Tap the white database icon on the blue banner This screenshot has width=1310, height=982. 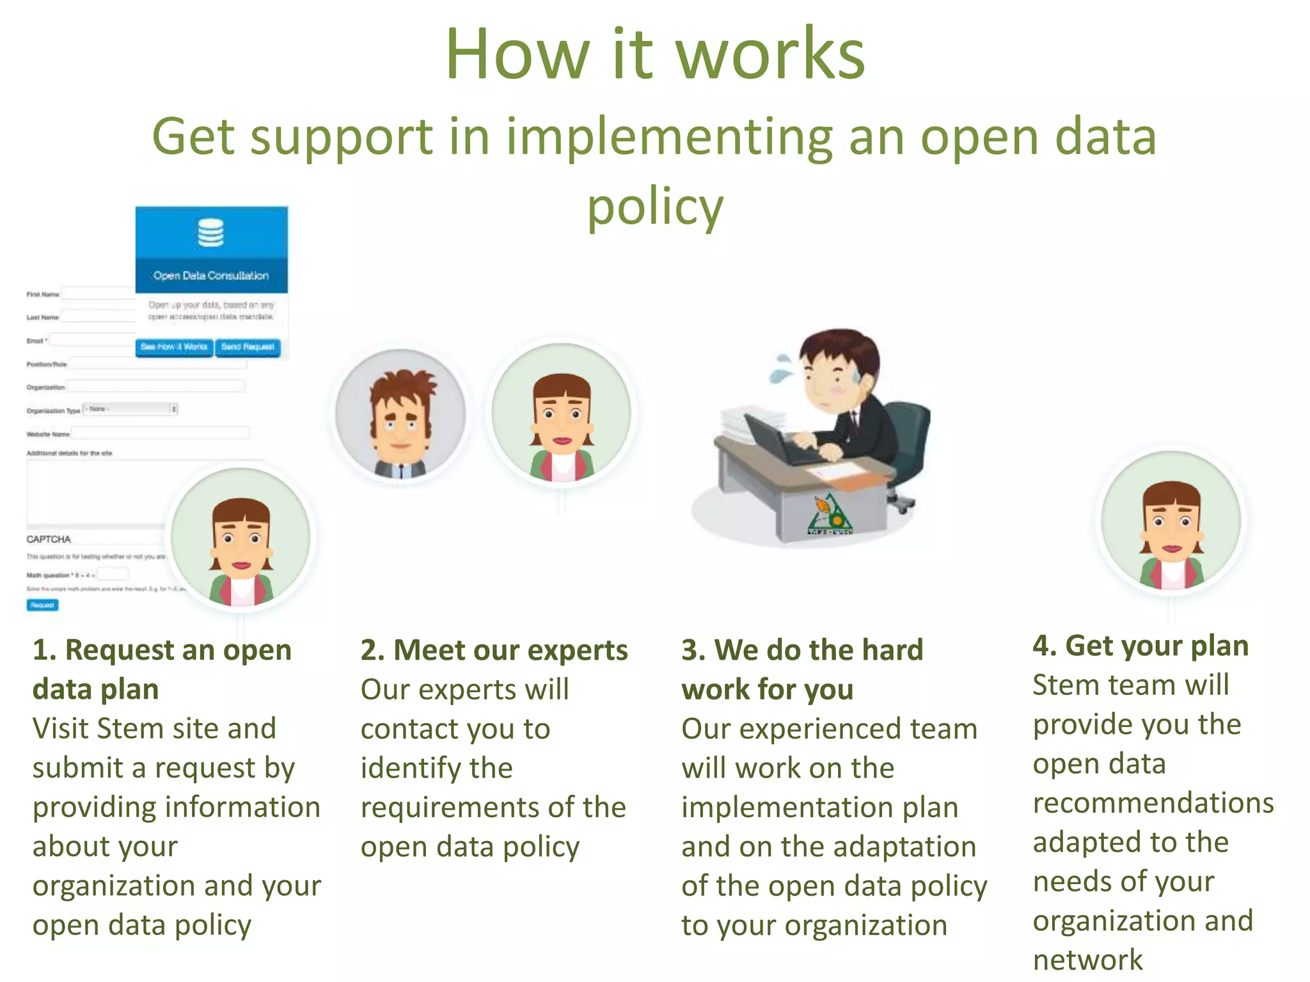[x=210, y=233]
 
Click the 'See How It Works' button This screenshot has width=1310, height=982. [x=174, y=347]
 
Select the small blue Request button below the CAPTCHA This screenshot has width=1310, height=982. [x=42, y=605]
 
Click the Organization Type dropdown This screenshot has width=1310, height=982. [x=130, y=409]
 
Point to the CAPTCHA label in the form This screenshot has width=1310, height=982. [x=49, y=539]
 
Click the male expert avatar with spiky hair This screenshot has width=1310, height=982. [x=400, y=415]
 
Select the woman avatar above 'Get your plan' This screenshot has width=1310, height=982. [x=1172, y=520]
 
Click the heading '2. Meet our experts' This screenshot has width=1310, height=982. [x=494, y=650]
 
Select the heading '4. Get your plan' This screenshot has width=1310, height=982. [x=1140, y=646]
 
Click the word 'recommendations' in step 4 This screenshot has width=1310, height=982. [x=1153, y=803]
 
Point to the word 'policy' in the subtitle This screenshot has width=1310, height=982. [x=655, y=208]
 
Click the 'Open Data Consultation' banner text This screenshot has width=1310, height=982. [x=211, y=276]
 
